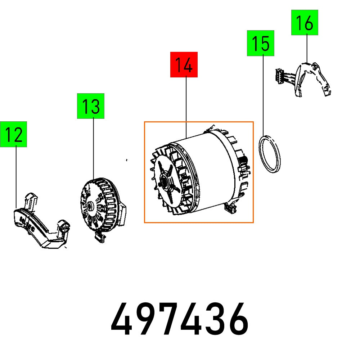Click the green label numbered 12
tap(14, 134)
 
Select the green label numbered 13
tap(91, 106)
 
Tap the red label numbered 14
tap(184, 64)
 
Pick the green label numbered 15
tap(260, 43)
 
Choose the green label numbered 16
tap(305, 22)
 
